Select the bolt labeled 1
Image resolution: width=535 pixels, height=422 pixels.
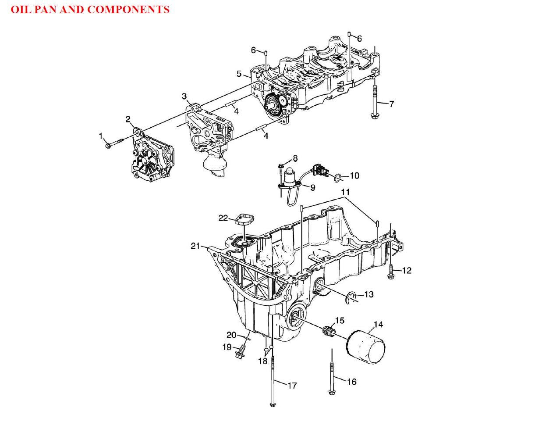pos(113,143)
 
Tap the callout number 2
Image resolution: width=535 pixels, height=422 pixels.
pos(128,119)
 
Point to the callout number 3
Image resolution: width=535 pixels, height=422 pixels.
pos(184,96)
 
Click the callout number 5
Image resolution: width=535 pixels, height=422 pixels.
pos(239,74)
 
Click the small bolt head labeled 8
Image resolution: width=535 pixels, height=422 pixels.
pos(281,166)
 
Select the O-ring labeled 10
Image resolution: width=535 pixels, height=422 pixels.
pos(338,177)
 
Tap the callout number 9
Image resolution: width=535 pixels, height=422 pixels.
pos(312,188)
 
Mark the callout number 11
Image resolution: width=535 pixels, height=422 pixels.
pos(346,192)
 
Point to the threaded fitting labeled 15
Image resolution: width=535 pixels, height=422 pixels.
pos(327,332)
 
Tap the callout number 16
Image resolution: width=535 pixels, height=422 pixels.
pos(351,382)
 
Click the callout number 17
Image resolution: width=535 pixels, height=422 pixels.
pos(292,386)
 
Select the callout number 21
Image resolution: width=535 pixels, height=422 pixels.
pos(195,246)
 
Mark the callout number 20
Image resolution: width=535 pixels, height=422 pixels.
pos(231,335)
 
